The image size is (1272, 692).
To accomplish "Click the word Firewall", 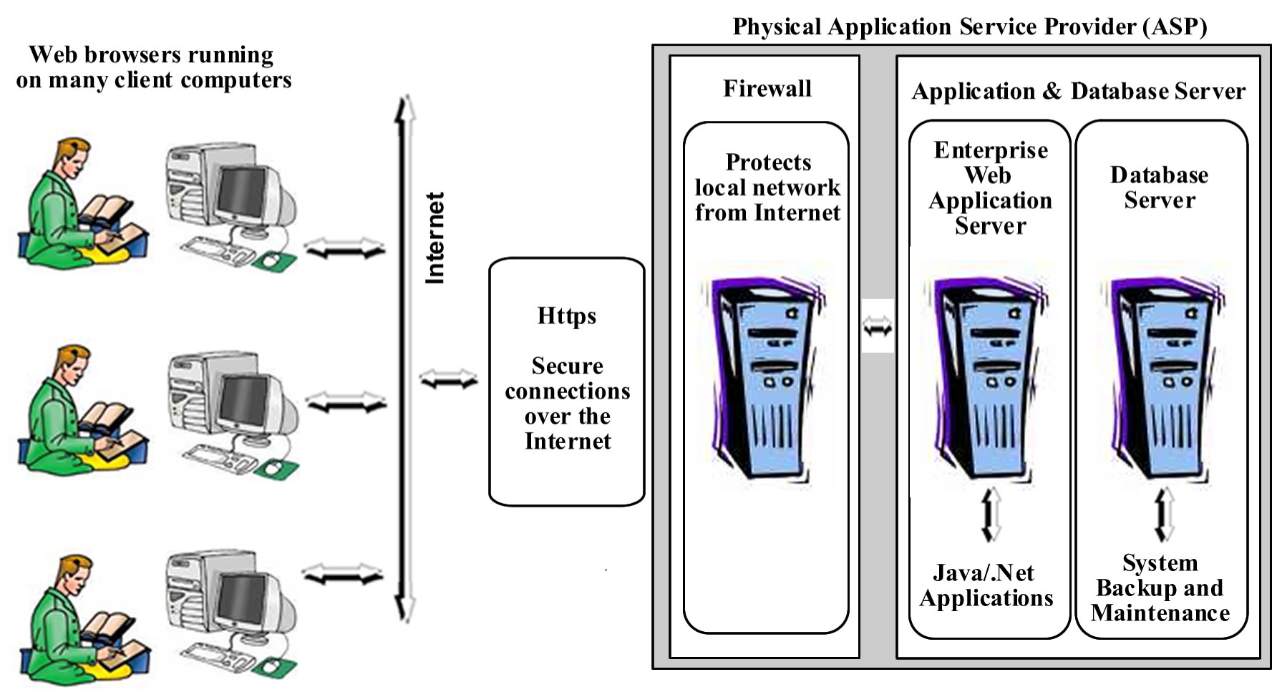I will pos(767,89).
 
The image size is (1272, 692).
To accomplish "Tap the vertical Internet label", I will pos(434,238).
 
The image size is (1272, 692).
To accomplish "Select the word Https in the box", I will pos(566,316).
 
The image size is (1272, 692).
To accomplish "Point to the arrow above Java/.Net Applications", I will pos(991,515).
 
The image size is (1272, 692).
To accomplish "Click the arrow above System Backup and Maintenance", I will pos(1164,515).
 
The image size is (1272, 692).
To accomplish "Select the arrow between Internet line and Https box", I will pos(449,379).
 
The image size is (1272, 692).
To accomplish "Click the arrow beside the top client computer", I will pos(344,249).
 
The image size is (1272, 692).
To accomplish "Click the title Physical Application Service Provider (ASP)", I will pos(969,27).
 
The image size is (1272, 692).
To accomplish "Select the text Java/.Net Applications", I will pos(986,585).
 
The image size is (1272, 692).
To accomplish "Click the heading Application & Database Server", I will pos(1078,92).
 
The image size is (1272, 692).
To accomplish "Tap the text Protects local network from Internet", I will pos(767,187).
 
